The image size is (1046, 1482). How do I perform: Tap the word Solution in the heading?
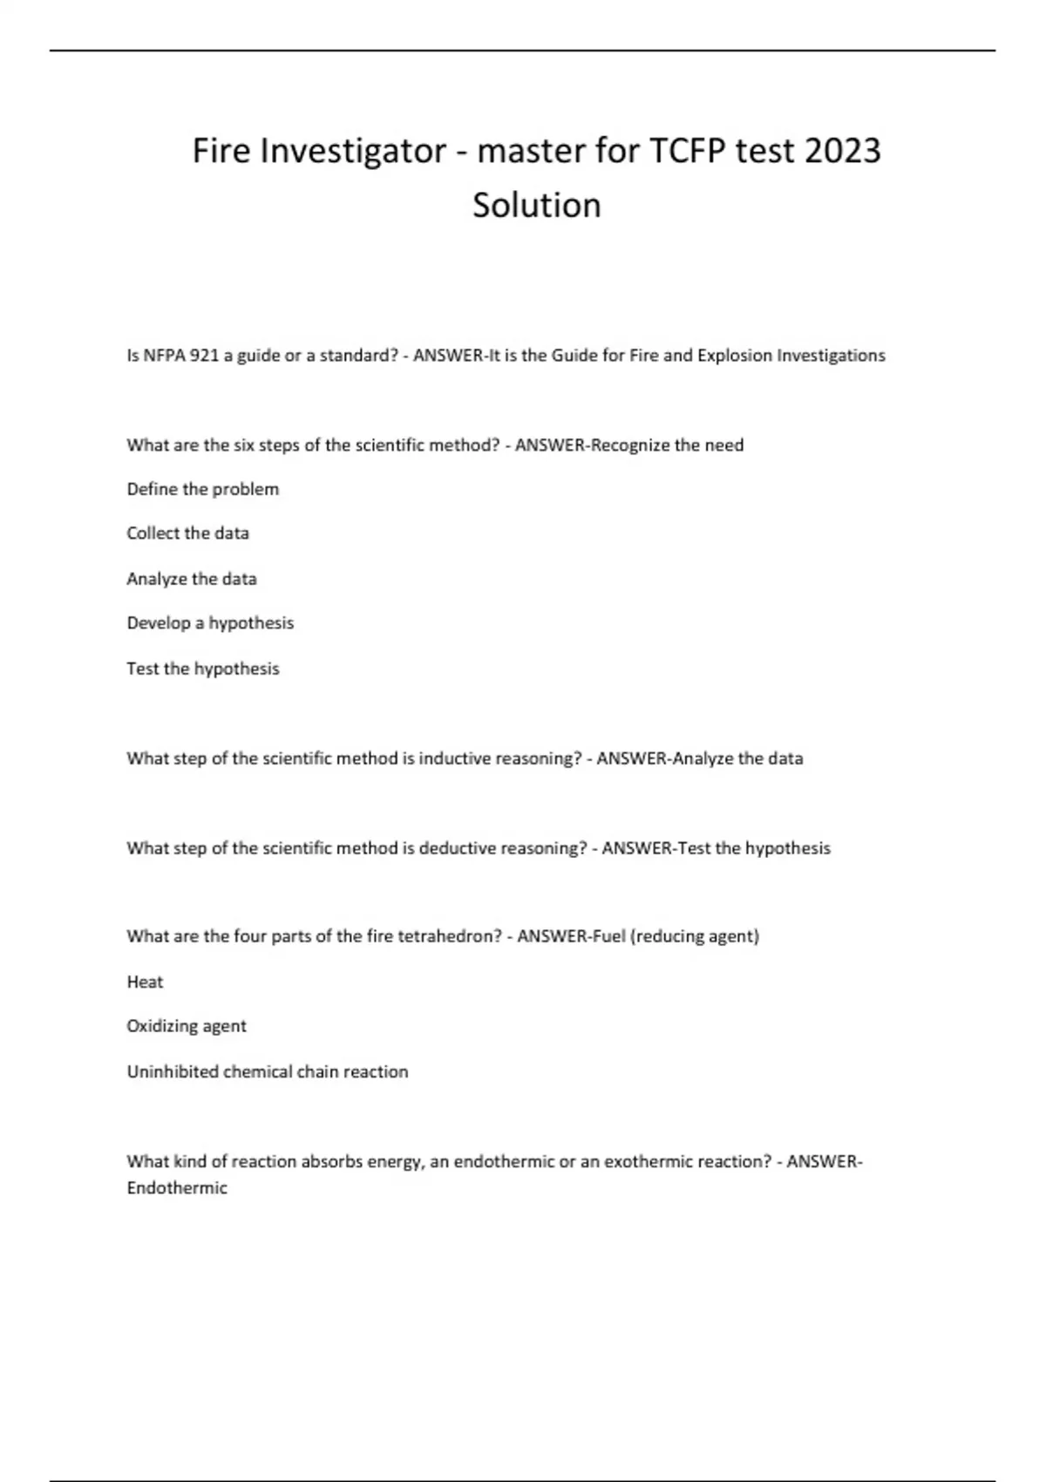(536, 206)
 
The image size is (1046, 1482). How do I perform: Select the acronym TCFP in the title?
(685, 151)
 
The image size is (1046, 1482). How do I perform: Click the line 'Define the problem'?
(202, 489)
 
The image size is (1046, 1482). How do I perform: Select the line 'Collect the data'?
(187, 534)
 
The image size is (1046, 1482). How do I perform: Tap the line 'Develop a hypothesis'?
(210, 623)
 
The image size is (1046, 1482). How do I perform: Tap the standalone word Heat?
(145, 982)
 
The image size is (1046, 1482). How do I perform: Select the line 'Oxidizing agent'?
(187, 1026)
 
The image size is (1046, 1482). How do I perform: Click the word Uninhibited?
(173, 1071)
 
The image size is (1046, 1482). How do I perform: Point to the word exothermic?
(649, 1161)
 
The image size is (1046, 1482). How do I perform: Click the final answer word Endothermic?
(177, 1188)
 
